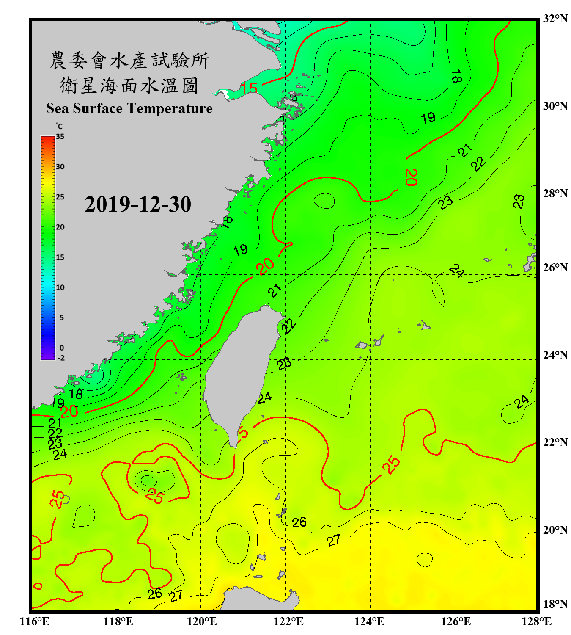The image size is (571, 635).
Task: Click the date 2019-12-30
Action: coord(138,204)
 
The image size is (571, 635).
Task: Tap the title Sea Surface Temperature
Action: coord(129,108)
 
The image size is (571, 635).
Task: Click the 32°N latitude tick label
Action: coord(555,19)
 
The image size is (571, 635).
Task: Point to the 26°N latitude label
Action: coord(555,268)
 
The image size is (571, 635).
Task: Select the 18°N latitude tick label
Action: coord(555,604)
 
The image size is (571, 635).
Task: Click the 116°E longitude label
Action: coord(35,621)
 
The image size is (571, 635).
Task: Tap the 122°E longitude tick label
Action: coord(288,621)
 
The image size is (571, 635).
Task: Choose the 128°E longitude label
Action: coord(536,621)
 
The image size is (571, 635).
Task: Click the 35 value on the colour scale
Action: coord(60,137)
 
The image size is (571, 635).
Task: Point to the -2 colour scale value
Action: coord(61,358)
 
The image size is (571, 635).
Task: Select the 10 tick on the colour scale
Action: coord(60,287)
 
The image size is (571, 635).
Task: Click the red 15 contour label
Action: coord(249,88)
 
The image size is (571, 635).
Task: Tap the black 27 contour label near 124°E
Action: coord(333,541)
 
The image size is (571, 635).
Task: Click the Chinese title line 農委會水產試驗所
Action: coord(129,61)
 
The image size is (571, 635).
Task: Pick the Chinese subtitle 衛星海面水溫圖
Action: coord(129,86)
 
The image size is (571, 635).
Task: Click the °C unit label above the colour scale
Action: coord(59,126)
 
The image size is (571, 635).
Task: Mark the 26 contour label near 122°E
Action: coord(299,522)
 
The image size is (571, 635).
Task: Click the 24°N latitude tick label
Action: coord(555,355)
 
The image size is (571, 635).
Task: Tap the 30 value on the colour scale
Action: coord(60,167)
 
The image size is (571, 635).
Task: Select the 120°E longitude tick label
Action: coord(202,621)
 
